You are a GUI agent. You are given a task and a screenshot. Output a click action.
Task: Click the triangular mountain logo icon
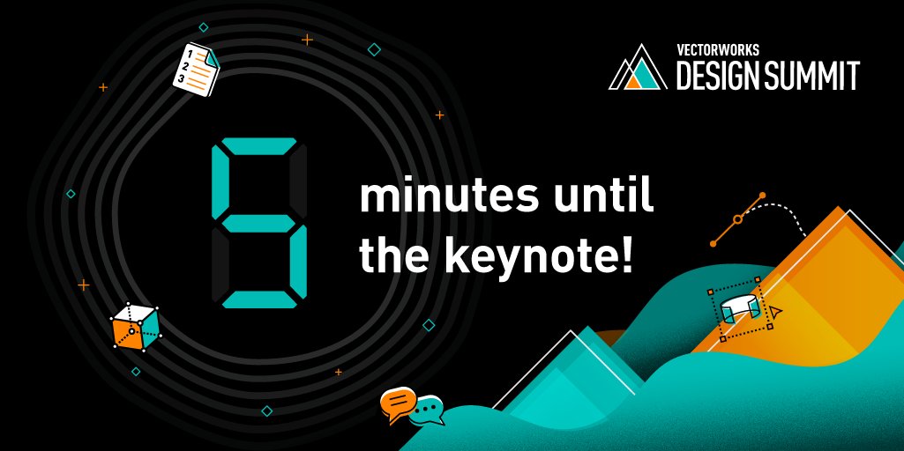click(637, 71)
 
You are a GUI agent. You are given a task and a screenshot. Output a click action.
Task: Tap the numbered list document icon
click(195, 68)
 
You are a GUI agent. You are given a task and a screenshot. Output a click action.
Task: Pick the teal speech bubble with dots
click(428, 410)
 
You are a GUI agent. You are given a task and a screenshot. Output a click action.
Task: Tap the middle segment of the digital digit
click(259, 223)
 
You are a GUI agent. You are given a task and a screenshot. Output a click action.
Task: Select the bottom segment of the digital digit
click(259, 300)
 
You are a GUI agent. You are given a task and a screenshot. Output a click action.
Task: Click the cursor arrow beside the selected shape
click(775, 313)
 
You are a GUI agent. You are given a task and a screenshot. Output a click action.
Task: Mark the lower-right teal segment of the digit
click(299, 262)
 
